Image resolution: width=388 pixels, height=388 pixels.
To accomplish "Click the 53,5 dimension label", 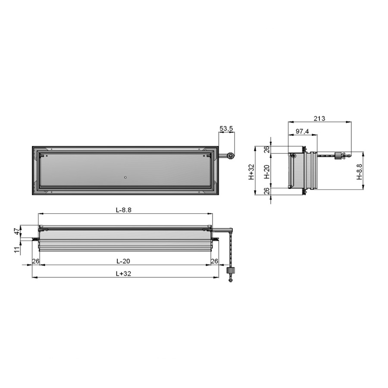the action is tap(226, 128).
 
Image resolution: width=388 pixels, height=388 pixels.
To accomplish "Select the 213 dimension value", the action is tap(319, 119).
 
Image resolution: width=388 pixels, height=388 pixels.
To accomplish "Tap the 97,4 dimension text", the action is tap(302, 131).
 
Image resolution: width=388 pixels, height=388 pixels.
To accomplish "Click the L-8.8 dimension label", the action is tap(124, 210).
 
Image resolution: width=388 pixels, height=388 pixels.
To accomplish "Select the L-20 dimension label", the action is tap(123, 261).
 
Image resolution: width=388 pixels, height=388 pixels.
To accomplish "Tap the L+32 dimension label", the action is tap(123, 274).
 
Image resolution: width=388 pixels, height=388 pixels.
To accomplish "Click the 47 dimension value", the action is tap(17, 232).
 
